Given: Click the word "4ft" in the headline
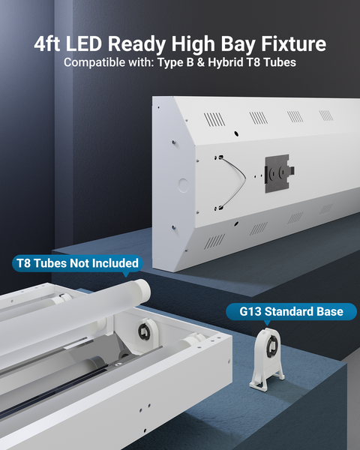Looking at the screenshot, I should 52,44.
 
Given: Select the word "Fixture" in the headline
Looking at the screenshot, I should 291,44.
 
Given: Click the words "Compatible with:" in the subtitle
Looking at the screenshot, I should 109,62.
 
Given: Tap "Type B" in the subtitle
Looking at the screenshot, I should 175,62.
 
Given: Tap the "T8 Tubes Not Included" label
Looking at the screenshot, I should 77,263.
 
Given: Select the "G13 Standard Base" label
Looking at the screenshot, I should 292,311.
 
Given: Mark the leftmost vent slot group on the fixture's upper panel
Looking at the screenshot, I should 214,119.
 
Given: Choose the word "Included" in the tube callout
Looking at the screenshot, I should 115,263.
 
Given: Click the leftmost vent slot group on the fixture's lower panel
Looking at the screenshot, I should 215,241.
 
